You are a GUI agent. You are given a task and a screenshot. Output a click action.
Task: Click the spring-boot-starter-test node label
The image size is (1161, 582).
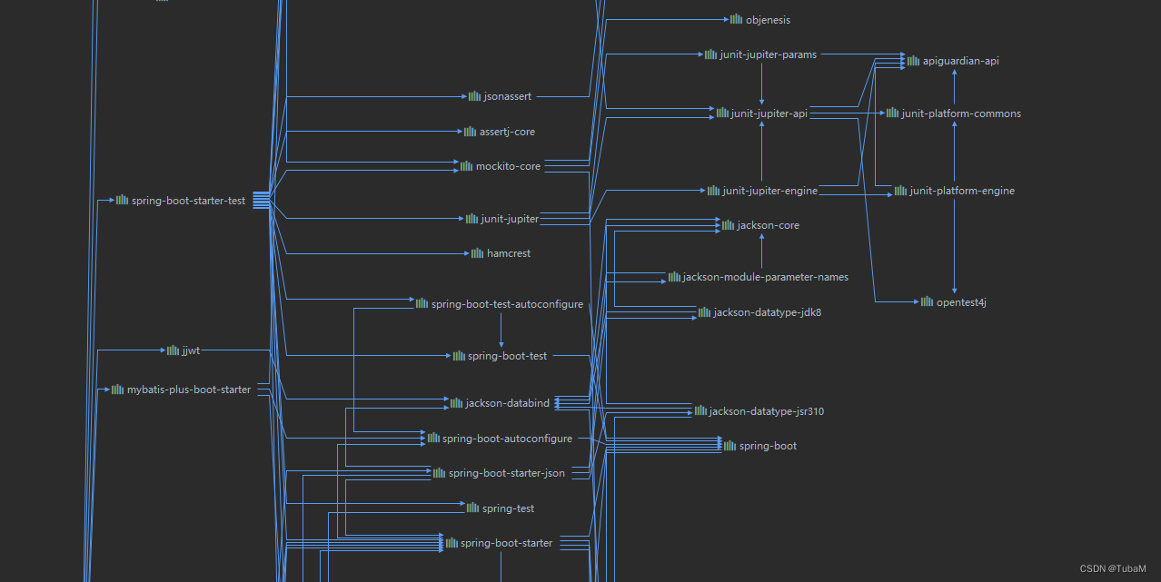(x=188, y=201)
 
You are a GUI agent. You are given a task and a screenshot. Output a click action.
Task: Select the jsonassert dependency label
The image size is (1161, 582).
(x=508, y=96)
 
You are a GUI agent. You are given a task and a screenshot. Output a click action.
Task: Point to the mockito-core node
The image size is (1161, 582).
(x=508, y=167)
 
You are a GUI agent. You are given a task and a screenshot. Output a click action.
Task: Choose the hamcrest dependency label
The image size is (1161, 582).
(x=509, y=254)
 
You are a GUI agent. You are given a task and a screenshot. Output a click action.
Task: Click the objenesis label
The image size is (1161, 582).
(x=768, y=20)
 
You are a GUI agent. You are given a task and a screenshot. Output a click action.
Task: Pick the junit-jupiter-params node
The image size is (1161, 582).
(x=768, y=55)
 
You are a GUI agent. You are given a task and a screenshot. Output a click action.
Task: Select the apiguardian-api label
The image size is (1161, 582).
(x=961, y=61)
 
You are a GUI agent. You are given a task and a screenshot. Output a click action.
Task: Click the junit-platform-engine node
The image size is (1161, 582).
(x=962, y=192)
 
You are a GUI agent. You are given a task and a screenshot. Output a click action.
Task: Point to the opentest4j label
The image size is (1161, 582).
(x=961, y=302)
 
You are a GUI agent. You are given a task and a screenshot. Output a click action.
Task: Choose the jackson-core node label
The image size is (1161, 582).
(x=769, y=225)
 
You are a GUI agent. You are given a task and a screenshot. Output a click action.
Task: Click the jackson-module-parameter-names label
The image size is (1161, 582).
(x=765, y=277)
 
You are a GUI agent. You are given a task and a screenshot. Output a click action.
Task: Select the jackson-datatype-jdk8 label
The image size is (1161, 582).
(x=768, y=313)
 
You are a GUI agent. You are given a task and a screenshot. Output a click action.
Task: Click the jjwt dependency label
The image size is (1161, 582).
(x=191, y=350)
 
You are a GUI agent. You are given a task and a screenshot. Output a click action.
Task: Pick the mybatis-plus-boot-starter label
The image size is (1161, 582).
(x=189, y=390)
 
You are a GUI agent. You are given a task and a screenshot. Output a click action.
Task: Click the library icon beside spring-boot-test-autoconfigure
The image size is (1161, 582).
(x=422, y=303)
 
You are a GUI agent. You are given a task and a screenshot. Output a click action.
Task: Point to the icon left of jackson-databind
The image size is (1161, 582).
(x=456, y=403)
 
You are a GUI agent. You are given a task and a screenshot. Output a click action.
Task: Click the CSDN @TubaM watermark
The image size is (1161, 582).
(x=1113, y=569)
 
